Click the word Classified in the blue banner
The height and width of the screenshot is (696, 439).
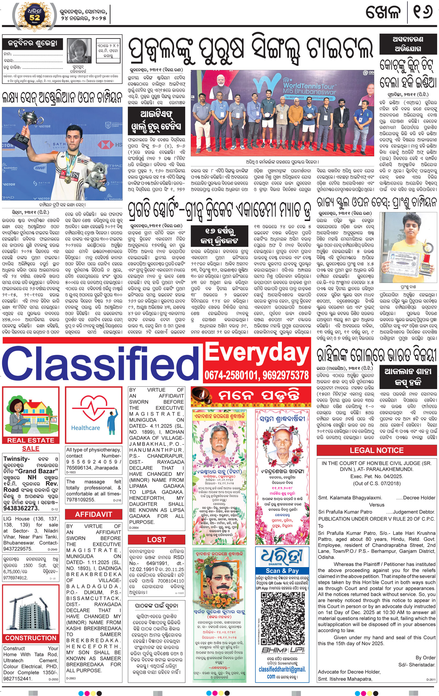point(101,365)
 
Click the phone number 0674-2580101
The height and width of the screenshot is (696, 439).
point(229,376)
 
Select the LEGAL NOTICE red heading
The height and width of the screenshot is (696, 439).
point(376,451)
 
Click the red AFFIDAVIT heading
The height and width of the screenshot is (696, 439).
point(94,514)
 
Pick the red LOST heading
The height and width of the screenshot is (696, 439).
point(156,540)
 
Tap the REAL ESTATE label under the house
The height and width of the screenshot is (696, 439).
point(31,440)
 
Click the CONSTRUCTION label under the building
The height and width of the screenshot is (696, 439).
point(31,638)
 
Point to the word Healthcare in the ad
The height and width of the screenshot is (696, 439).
point(85,428)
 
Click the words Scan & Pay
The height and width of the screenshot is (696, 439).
point(282,571)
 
